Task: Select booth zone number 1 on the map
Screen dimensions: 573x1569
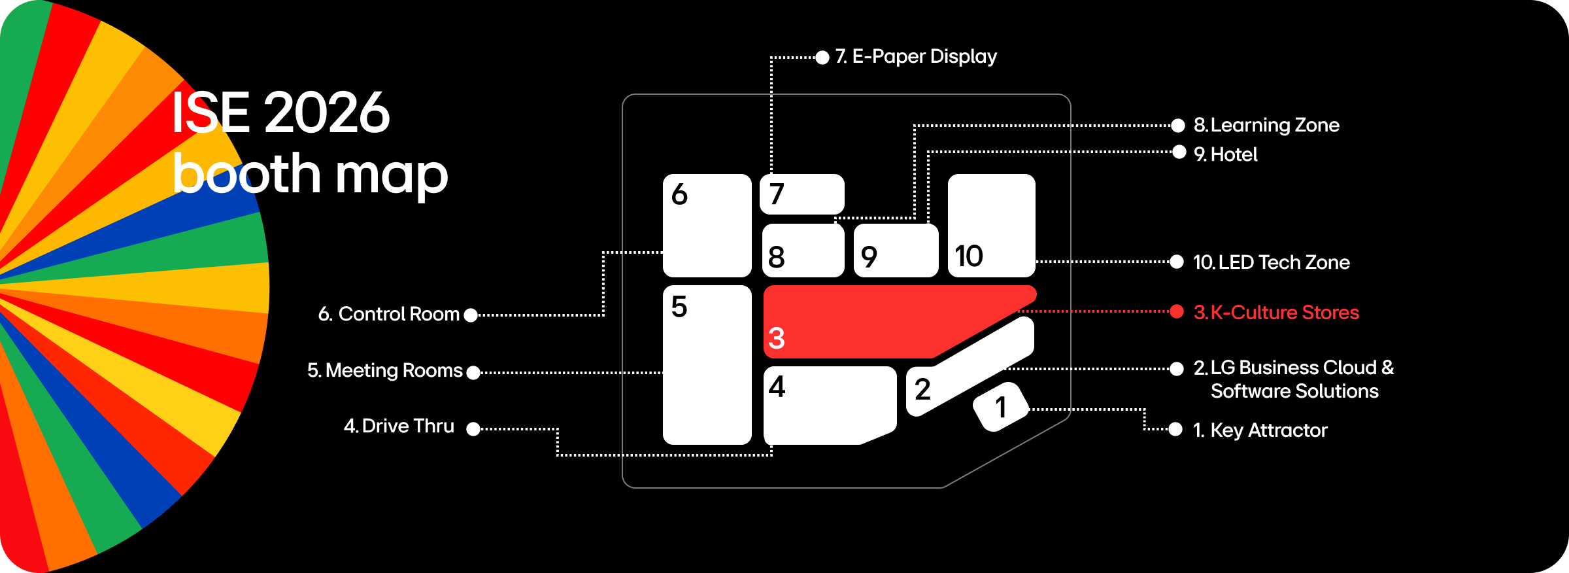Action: (1000, 407)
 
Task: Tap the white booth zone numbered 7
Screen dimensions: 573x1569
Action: (802, 194)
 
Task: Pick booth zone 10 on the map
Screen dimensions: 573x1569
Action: (991, 225)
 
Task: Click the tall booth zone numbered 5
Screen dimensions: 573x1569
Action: (707, 364)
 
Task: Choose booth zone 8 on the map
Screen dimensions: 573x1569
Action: (803, 251)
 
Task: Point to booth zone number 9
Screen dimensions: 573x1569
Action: (896, 251)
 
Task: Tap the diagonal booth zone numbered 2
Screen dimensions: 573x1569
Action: (968, 366)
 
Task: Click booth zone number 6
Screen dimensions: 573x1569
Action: (707, 225)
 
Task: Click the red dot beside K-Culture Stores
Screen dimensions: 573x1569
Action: (1177, 311)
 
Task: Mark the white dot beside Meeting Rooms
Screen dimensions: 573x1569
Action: (473, 373)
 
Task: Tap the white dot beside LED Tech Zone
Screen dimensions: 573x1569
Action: (1177, 262)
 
